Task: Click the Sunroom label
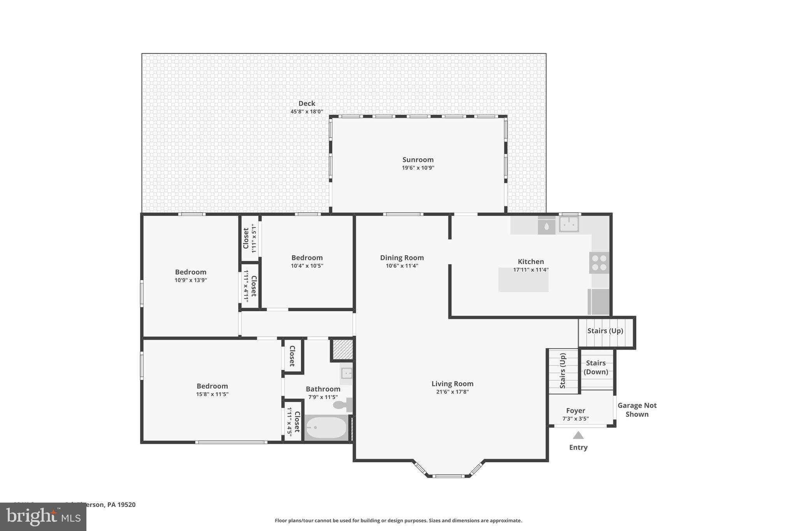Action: tap(418, 159)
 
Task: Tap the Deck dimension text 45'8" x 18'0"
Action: tap(307, 112)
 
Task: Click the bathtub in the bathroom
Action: tap(325, 428)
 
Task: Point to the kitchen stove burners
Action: tap(599, 263)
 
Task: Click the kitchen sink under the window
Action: tap(569, 224)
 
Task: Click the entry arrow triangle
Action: tap(578, 435)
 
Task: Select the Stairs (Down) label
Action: tap(596, 367)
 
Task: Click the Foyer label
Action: tap(576, 410)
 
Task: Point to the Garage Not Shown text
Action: tap(637, 410)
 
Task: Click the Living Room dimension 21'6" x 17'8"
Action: tap(452, 392)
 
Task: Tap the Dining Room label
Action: tap(402, 258)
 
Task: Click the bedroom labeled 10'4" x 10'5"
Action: tap(307, 261)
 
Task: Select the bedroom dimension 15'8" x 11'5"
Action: tap(212, 394)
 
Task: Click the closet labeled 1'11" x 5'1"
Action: tap(249, 238)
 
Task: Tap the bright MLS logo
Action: tap(43, 517)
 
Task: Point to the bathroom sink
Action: tap(346, 373)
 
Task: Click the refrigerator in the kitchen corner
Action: tap(599, 301)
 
